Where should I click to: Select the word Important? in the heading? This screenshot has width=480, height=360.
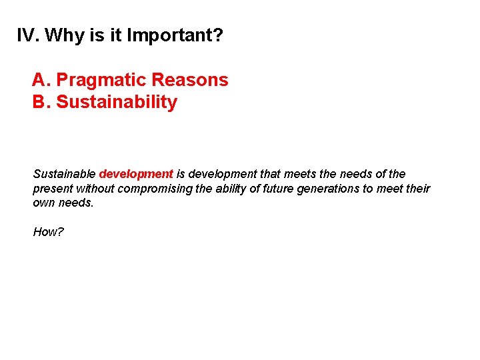175,35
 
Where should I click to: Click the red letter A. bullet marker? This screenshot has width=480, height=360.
41,80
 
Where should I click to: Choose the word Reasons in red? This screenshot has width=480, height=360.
190,80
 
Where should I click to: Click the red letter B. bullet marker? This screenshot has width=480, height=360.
41,102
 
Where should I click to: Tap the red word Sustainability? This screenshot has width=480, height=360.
117,102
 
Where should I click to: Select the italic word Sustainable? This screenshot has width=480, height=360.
64,174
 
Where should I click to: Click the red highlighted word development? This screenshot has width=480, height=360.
136,174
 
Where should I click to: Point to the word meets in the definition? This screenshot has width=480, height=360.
299,174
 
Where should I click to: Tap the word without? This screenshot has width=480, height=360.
94,189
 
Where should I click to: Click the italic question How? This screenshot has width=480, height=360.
48,232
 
